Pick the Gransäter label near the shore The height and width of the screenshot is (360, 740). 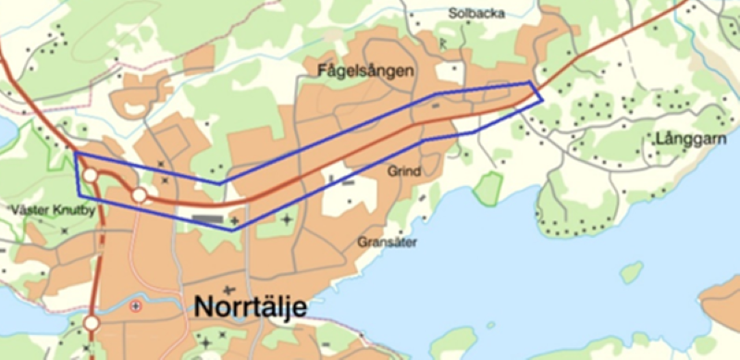[x=388, y=242]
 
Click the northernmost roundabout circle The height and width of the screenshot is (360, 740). [x=90, y=176]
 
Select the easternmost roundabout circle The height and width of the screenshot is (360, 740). [x=139, y=195]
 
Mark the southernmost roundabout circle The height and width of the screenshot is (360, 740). [x=91, y=323]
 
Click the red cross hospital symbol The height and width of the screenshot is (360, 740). [x=137, y=306]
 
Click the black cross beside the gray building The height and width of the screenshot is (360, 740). [x=235, y=220]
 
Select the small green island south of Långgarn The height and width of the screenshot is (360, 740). [x=632, y=272]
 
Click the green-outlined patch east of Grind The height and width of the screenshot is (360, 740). [x=487, y=189]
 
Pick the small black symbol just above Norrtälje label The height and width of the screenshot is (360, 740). [x=227, y=290]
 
